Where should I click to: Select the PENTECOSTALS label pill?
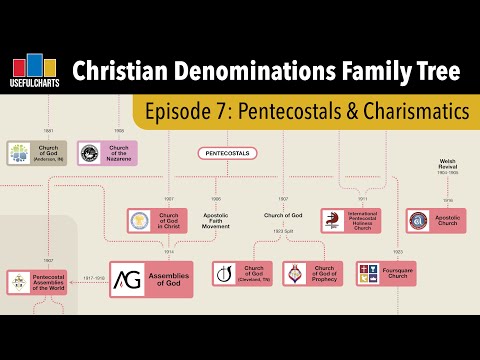pos(227,153)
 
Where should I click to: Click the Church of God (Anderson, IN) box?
pos(37,153)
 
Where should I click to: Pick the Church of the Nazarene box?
pos(109,153)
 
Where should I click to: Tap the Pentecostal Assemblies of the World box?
pos(37,282)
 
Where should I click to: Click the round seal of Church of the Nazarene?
pos(90,153)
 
